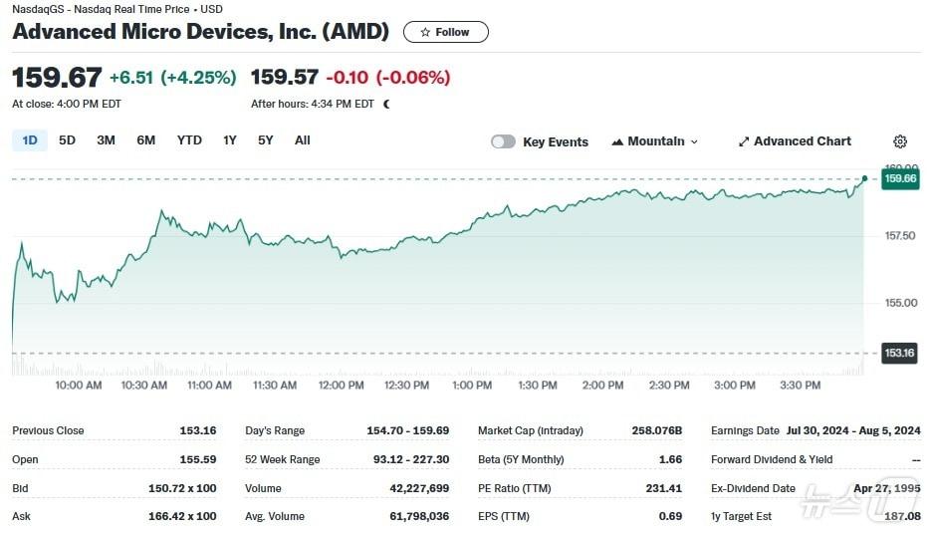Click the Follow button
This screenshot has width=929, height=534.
point(445,32)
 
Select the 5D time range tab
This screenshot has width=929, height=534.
point(67,140)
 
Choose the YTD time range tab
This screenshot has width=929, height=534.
point(189,140)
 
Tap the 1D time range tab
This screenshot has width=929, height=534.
point(30,140)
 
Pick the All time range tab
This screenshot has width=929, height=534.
point(303,140)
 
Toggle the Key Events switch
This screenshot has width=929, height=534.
point(504,141)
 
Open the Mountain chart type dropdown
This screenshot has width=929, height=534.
point(655,141)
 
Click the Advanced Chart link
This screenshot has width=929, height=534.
point(795,141)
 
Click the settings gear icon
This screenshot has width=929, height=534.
point(900,141)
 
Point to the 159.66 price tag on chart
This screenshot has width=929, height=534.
point(900,179)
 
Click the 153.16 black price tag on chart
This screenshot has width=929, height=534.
point(899,353)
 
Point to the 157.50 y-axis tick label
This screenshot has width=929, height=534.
point(900,236)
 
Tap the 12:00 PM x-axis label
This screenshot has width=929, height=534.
point(341,386)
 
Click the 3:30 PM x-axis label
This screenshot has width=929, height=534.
point(800,386)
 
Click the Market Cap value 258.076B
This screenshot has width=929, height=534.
point(657,430)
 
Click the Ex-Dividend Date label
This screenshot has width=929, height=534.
point(754,488)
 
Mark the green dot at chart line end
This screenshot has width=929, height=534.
point(864,178)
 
